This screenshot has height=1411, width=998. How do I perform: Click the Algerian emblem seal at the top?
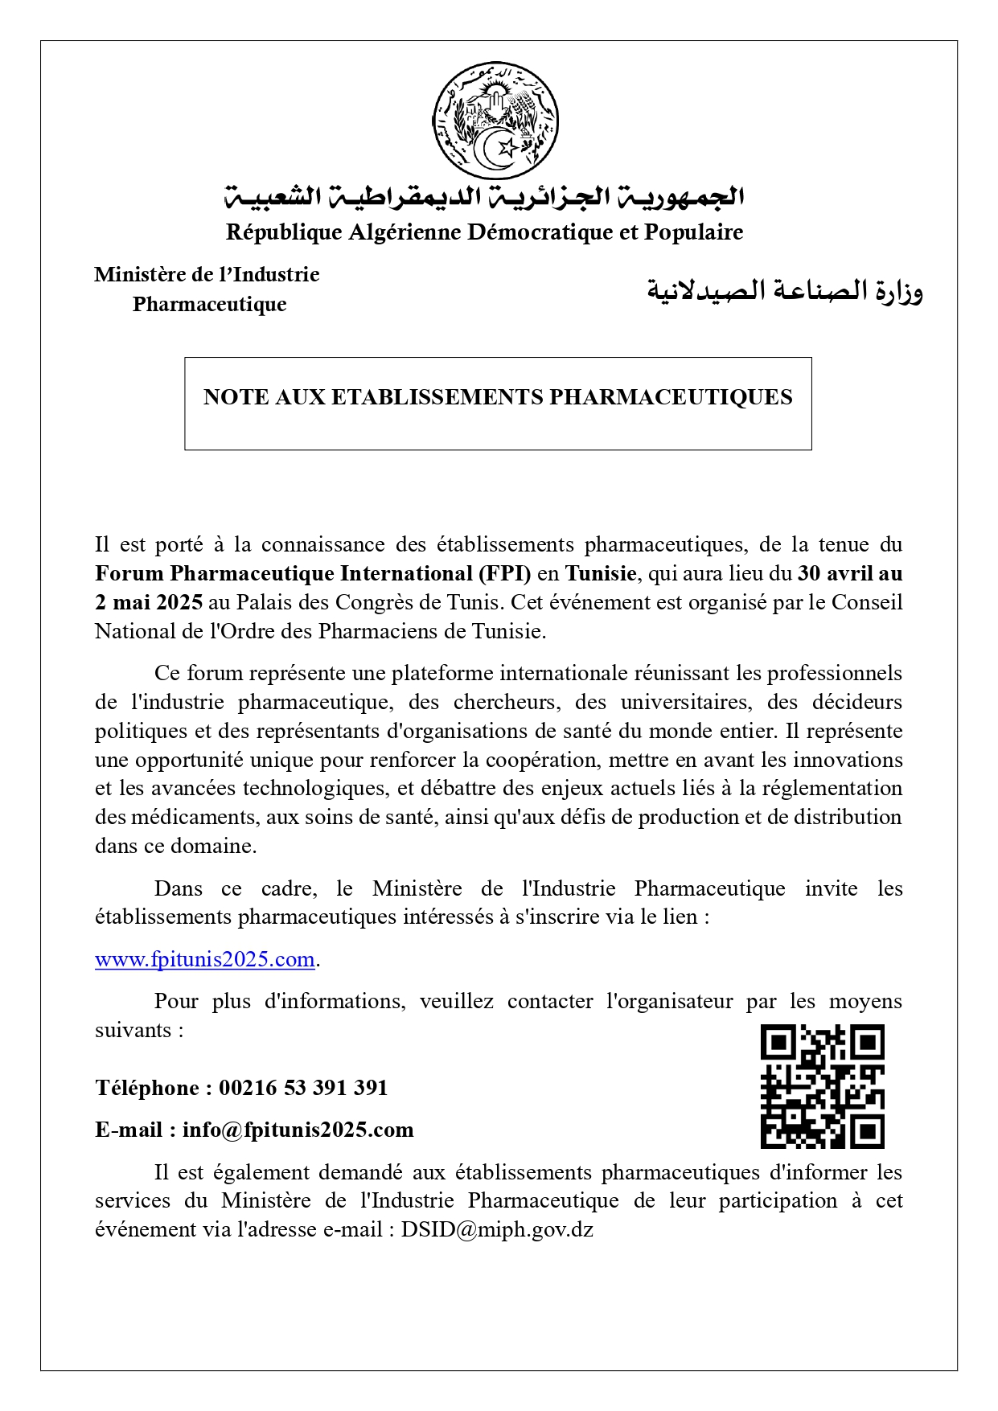click(495, 120)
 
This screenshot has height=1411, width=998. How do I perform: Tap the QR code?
click(822, 1085)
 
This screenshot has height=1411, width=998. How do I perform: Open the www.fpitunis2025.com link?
click(204, 959)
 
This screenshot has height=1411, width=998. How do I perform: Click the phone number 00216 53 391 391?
click(303, 1088)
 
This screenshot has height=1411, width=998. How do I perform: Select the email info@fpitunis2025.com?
click(298, 1130)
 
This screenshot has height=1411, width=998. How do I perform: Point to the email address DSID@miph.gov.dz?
click(497, 1229)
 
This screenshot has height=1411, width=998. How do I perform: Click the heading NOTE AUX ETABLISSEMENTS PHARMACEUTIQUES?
click(498, 397)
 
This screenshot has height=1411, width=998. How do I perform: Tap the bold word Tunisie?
click(601, 573)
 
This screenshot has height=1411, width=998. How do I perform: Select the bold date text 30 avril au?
click(850, 573)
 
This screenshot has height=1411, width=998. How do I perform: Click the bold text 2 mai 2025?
click(149, 602)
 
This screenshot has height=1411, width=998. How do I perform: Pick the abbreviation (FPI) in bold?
click(505, 573)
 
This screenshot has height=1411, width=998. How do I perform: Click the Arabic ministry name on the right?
click(785, 290)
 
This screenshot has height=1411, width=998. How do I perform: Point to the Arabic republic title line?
click(484, 196)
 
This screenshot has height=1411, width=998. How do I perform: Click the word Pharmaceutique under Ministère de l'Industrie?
click(210, 305)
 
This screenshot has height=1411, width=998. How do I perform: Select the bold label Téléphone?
click(147, 1088)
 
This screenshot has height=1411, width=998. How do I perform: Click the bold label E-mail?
click(129, 1130)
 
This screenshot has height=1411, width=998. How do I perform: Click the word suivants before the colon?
click(133, 1030)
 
